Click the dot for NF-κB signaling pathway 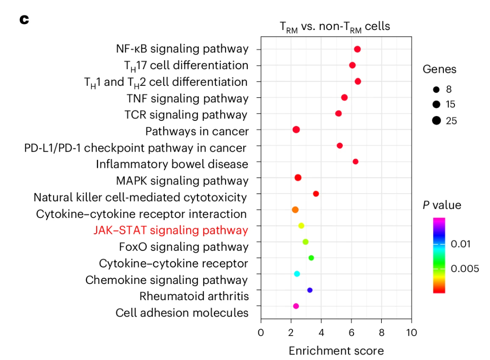point(357,49)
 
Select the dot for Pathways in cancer point(296,130)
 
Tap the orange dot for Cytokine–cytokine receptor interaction point(295,210)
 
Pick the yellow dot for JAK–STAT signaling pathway point(301,226)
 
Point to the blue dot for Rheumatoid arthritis point(310,290)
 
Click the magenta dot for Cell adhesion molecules point(296,306)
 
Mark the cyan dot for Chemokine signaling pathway point(297,274)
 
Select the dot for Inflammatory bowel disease point(356,161)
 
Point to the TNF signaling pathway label point(187,98)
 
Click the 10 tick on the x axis point(411,333)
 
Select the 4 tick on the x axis point(321,333)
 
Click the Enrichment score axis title point(336,351)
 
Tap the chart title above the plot point(335,27)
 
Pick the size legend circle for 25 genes point(437,121)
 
